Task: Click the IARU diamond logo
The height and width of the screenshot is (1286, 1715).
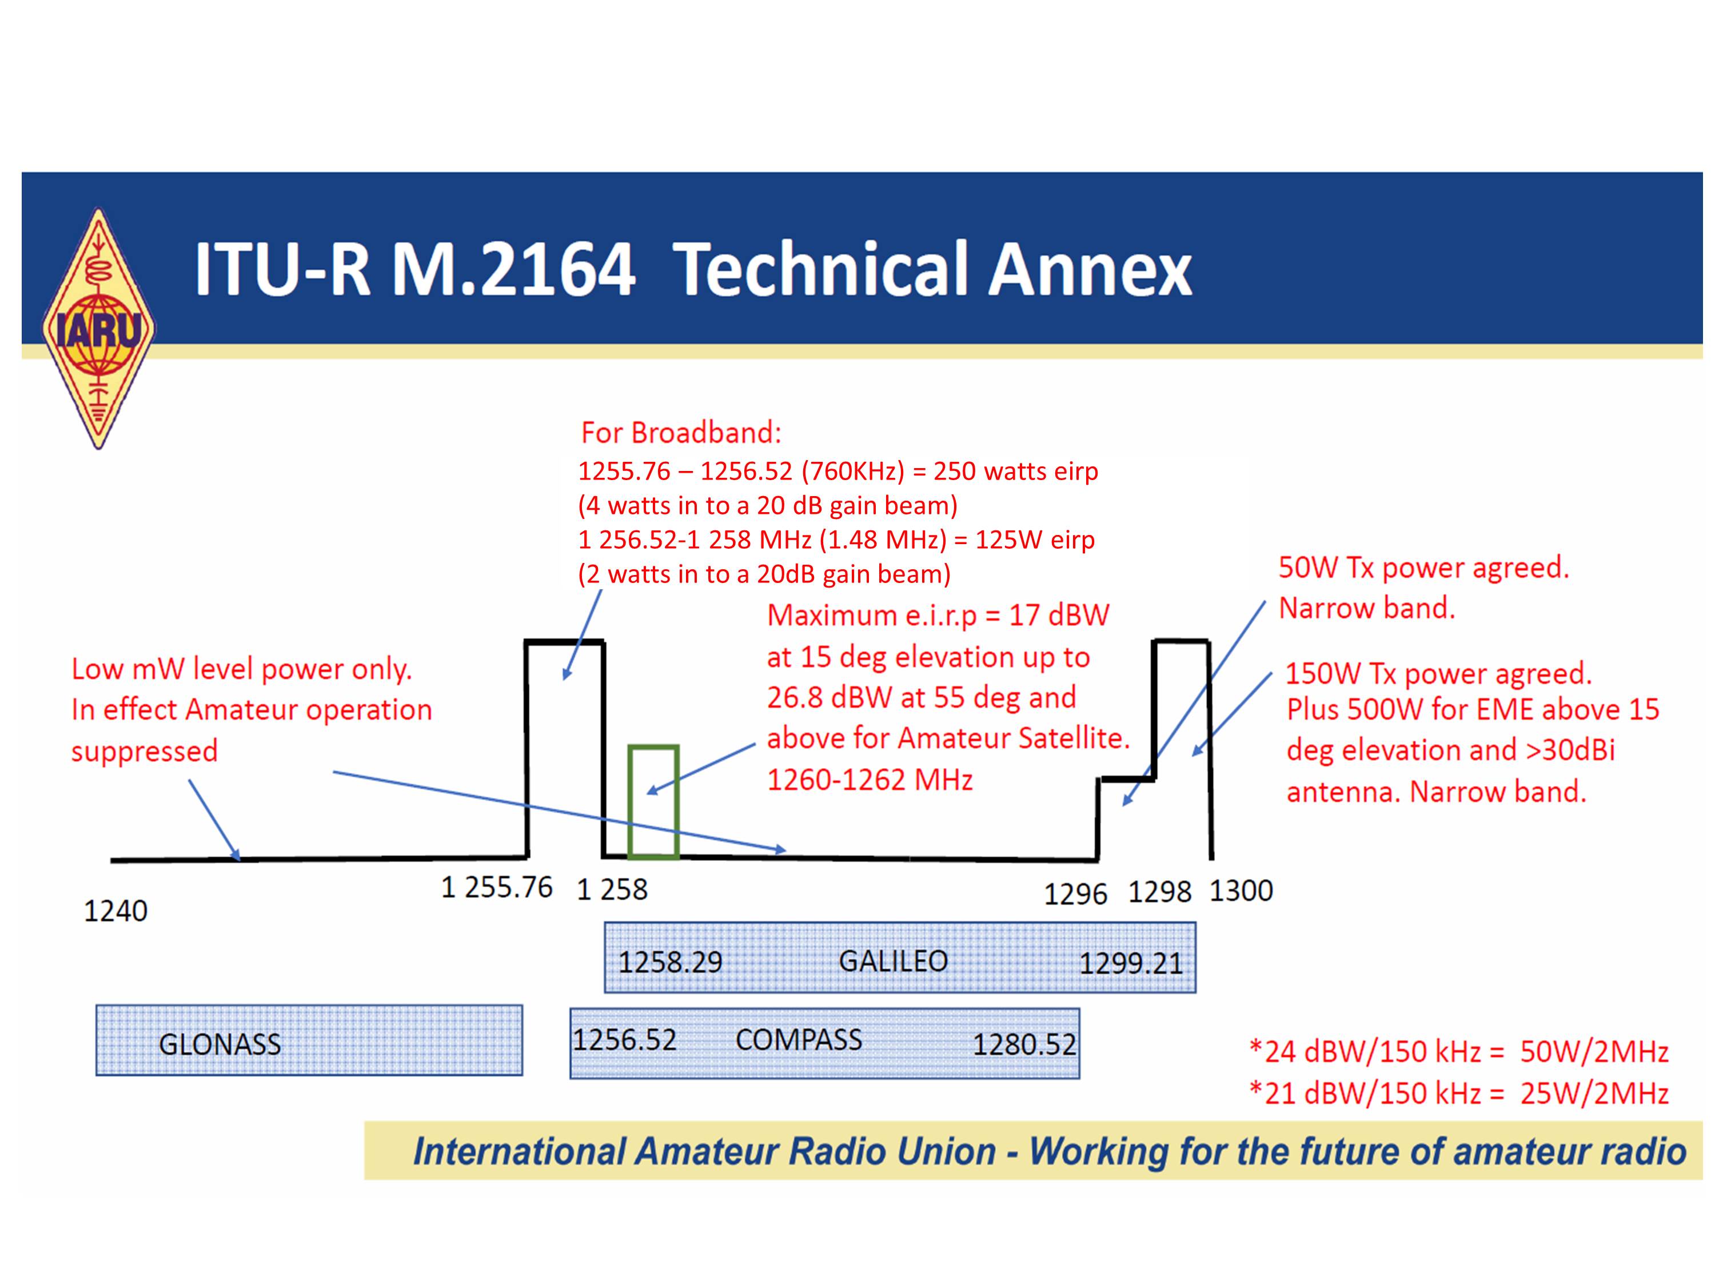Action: [98, 329]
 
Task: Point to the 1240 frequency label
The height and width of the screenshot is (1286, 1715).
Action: [115, 911]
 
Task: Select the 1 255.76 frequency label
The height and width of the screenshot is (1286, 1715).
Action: [496, 888]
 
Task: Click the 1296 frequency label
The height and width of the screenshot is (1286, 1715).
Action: [1075, 894]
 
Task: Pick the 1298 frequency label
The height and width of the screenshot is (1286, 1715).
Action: [1159, 892]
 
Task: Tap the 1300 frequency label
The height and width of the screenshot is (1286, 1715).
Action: [1241, 890]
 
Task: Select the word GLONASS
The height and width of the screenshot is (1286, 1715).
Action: [220, 1044]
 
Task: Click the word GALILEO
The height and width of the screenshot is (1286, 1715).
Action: [893, 961]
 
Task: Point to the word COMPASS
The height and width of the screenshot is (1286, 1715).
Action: [799, 1040]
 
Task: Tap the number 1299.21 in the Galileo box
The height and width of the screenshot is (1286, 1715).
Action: [1131, 964]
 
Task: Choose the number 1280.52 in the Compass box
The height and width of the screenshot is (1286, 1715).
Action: [1024, 1045]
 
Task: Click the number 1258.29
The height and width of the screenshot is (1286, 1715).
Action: [670, 962]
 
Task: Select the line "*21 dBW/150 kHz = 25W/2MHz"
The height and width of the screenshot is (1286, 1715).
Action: [1459, 1093]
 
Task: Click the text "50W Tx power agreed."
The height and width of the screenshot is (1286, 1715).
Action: [1423, 568]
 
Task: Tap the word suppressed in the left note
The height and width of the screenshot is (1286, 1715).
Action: [144, 751]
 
